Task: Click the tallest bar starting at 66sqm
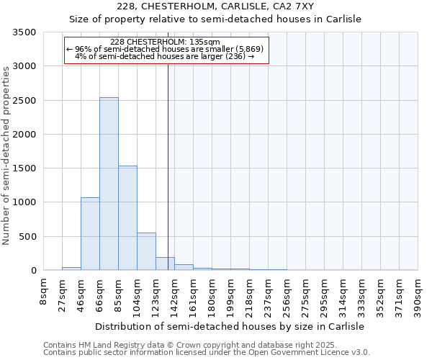pos(109,184)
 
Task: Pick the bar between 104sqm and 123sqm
pos(146,251)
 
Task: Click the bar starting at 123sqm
pos(165,264)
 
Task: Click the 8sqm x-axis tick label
pos(44,291)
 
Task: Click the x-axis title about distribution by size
pos(230,326)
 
